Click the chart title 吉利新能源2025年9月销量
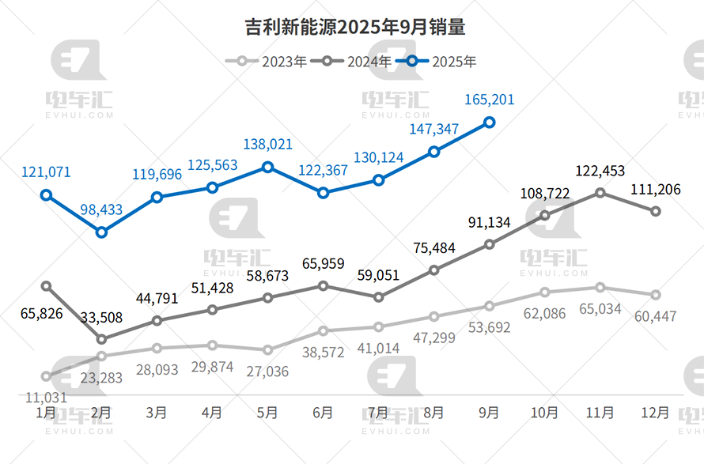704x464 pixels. pos(352,28)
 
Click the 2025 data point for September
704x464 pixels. pos(490,122)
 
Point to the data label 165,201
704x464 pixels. pos(489,100)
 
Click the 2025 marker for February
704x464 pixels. pos(101,232)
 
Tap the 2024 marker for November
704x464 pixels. pos(600,192)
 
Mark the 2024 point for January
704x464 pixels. pos(46,285)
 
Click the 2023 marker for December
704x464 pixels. pos(656,295)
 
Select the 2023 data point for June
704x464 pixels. pos(323,330)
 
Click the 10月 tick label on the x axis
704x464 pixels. pos(545,413)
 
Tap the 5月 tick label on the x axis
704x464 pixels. pos(267,413)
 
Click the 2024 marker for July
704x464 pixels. pos(378,297)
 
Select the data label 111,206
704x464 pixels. pos(656,190)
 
